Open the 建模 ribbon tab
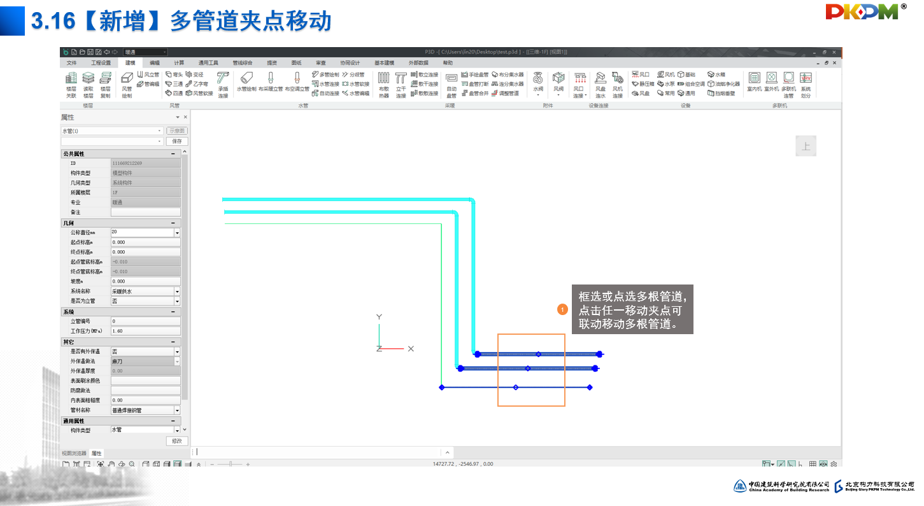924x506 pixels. tap(130, 63)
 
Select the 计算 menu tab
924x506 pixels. tap(179, 63)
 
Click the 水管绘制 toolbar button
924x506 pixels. tap(246, 82)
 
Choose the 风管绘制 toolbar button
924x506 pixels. tap(127, 83)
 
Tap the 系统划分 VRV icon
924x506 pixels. tap(806, 83)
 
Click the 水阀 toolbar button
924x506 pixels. tap(538, 83)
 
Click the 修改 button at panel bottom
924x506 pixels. tap(177, 441)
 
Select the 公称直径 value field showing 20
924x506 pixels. tap(141, 233)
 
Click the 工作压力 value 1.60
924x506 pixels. tap(145, 332)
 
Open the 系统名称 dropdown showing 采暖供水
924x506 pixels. tap(145, 292)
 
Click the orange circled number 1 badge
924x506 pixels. tap(562, 310)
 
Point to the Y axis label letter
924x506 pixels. tap(379, 316)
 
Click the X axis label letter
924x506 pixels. tap(411, 349)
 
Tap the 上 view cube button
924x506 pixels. tap(806, 146)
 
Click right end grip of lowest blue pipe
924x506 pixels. tap(590, 387)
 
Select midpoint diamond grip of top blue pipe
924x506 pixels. tap(538, 354)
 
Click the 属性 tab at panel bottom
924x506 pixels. tap(96, 453)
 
